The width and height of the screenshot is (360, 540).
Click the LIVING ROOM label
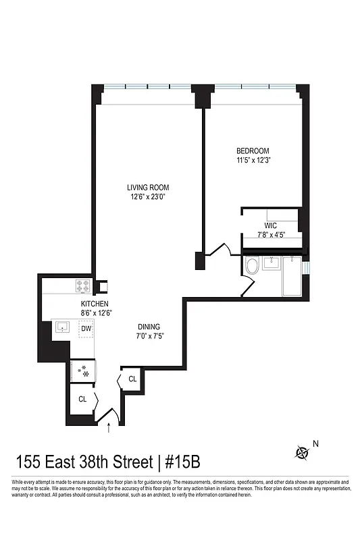click(x=148, y=188)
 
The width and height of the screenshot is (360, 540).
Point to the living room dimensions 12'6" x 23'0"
click(x=148, y=197)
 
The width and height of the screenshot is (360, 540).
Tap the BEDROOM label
click(x=253, y=151)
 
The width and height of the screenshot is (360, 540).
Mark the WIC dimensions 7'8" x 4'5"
click(x=272, y=236)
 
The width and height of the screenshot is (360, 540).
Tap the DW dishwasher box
click(x=86, y=329)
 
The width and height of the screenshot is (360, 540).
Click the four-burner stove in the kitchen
click(x=82, y=287)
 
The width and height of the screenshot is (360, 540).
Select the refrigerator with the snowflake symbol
click(x=83, y=370)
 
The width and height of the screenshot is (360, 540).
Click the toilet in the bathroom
click(x=251, y=266)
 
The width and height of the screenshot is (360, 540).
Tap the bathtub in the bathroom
click(x=292, y=275)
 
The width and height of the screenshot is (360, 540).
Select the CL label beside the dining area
click(x=132, y=379)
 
